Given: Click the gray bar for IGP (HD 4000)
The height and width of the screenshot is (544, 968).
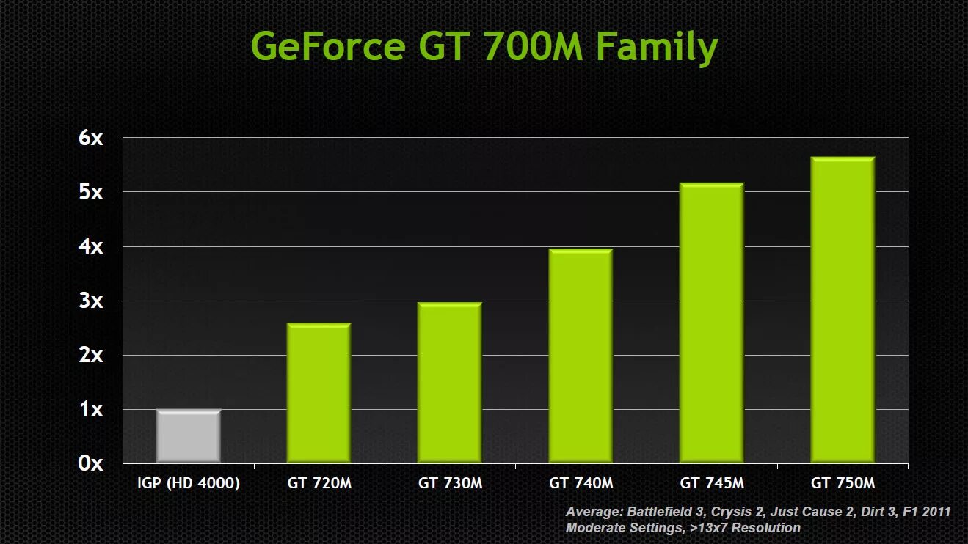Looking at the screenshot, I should [x=189, y=436].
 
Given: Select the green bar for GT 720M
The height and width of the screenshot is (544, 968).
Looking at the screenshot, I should [x=319, y=393].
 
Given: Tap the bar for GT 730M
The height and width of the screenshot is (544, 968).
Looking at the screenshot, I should [x=449, y=383].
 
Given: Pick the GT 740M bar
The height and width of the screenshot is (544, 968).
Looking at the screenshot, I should [x=580, y=356].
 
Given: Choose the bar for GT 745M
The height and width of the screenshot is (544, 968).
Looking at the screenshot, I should [x=711, y=323].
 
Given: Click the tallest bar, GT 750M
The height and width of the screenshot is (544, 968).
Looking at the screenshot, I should [x=842, y=309].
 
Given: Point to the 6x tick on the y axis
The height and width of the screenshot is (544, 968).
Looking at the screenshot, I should [x=92, y=138].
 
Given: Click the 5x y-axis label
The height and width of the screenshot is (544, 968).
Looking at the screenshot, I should [x=92, y=192].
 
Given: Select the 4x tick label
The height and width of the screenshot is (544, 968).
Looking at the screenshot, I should [x=92, y=246].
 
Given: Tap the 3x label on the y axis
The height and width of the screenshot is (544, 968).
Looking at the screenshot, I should [x=92, y=301].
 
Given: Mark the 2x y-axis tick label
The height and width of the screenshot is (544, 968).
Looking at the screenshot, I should [x=92, y=355].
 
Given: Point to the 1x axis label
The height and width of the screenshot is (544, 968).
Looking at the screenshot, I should [x=92, y=409].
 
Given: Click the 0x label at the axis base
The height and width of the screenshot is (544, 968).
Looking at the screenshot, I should [x=92, y=463].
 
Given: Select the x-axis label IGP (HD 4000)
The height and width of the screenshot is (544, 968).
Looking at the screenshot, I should [x=189, y=484].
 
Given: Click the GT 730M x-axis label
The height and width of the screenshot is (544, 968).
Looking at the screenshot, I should [x=450, y=484].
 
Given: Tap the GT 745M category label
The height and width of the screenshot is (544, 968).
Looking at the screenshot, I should [x=712, y=484].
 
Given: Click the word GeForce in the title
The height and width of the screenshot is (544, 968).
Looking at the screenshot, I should [x=327, y=47].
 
